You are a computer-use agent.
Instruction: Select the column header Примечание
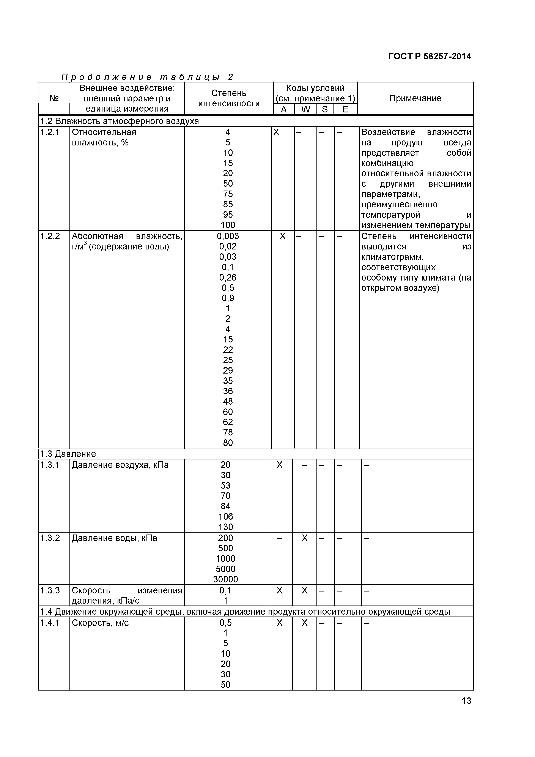415,98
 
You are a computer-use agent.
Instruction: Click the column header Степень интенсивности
229,98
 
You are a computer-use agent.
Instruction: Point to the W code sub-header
305,109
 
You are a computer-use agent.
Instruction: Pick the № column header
54,98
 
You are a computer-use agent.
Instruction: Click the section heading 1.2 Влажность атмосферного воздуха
119,121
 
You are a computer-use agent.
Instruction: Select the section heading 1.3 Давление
68,454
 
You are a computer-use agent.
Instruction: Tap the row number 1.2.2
50,236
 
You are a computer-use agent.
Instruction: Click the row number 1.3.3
50,590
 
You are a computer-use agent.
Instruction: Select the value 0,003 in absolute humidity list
228,236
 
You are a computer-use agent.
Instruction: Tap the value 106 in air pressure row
225,516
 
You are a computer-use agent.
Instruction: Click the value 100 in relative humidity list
228,225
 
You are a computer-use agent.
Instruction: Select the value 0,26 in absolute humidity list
228,278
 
